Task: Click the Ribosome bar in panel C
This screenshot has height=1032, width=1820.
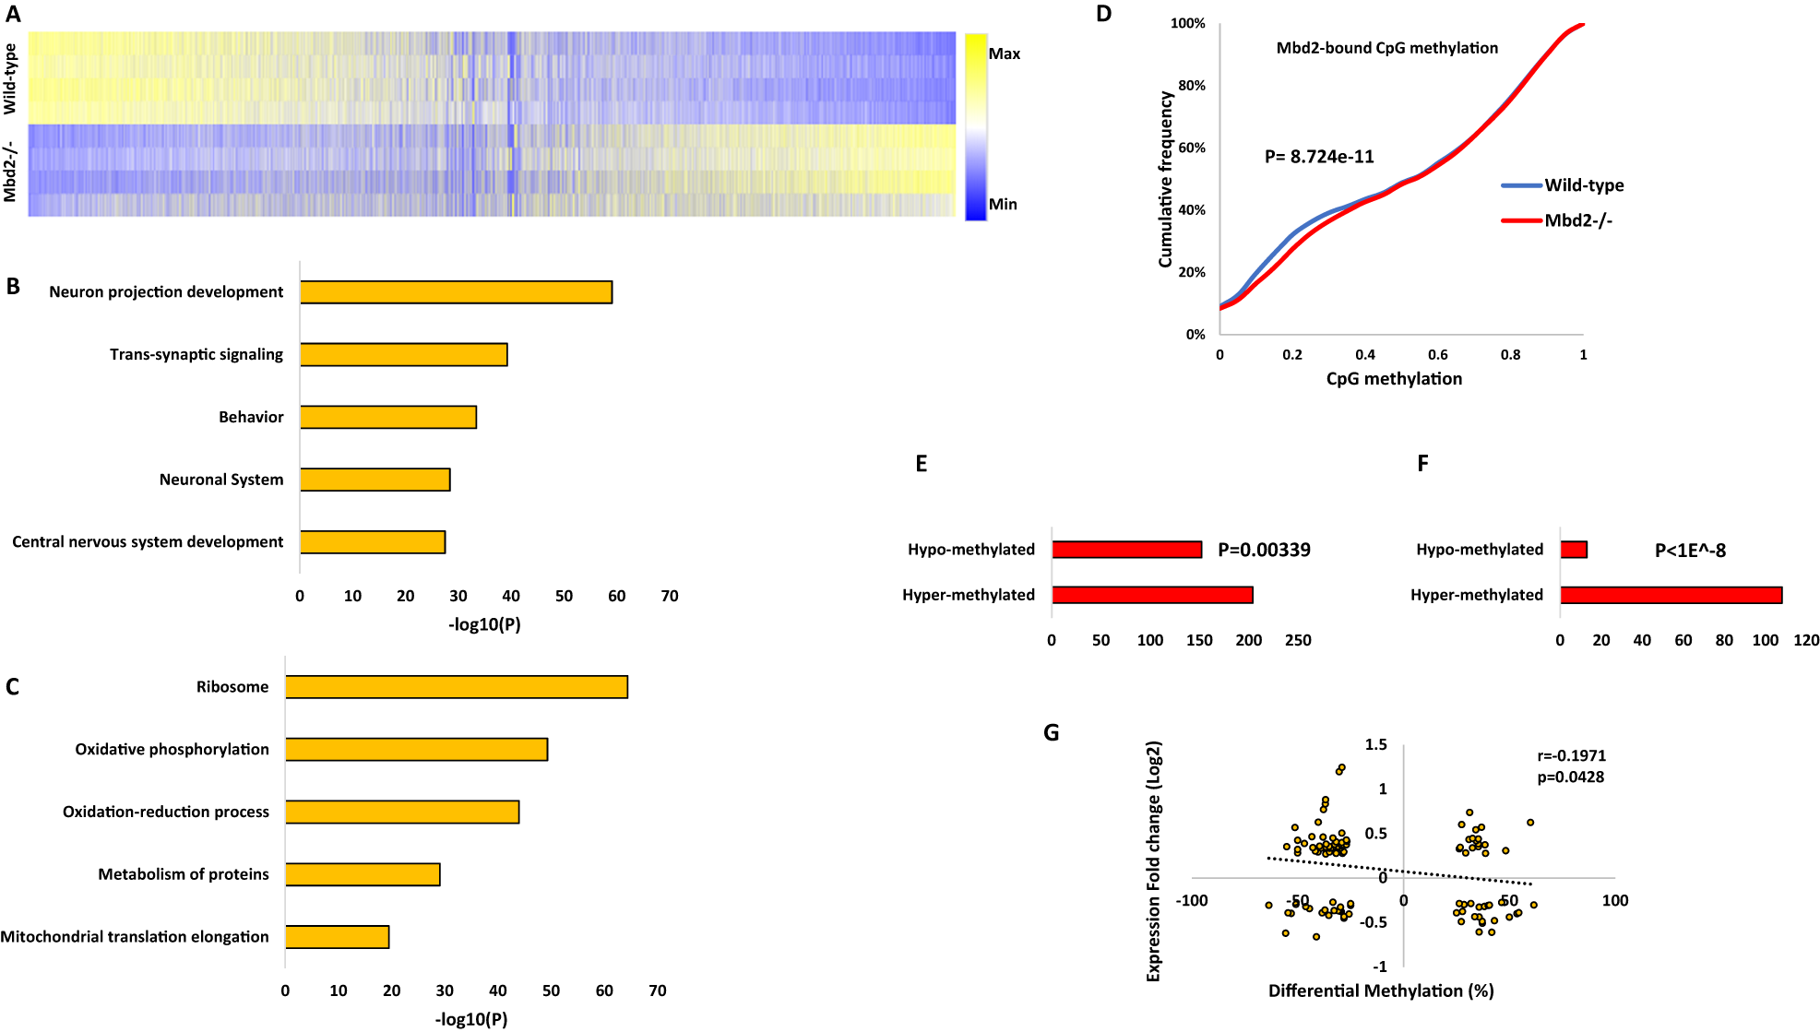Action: tap(457, 687)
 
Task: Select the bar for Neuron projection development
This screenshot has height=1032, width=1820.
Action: tap(456, 292)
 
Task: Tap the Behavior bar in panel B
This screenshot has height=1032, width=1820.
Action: tap(387, 417)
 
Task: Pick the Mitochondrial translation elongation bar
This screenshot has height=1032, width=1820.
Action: tap(337, 937)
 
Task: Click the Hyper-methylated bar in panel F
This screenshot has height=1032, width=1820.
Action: tap(1671, 595)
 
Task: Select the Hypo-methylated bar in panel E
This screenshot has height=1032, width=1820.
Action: tap(1126, 550)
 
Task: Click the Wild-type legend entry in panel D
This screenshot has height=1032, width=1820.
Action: tap(1583, 185)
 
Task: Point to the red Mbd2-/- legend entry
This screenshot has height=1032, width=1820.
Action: tap(1577, 220)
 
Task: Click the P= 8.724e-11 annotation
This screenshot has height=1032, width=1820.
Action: tap(1319, 157)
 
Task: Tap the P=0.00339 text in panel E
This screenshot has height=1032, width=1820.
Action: tap(1264, 551)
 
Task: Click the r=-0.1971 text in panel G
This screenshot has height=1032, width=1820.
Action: tap(1571, 756)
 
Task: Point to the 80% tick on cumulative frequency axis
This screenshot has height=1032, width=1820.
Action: tap(1192, 86)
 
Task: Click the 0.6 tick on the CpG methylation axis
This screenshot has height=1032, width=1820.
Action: tap(1437, 355)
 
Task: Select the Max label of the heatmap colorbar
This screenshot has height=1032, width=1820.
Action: tap(1004, 54)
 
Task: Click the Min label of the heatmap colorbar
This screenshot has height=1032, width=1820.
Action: tap(1003, 205)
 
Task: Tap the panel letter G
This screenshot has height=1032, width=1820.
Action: tap(1051, 733)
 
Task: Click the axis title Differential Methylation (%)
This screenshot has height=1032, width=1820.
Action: tap(1380, 991)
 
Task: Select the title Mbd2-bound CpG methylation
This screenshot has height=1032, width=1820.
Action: tap(1386, 48)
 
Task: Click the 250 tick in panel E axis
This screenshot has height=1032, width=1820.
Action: tap(1297, 641)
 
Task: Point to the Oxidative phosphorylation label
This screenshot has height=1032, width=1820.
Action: tap(172, 750)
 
